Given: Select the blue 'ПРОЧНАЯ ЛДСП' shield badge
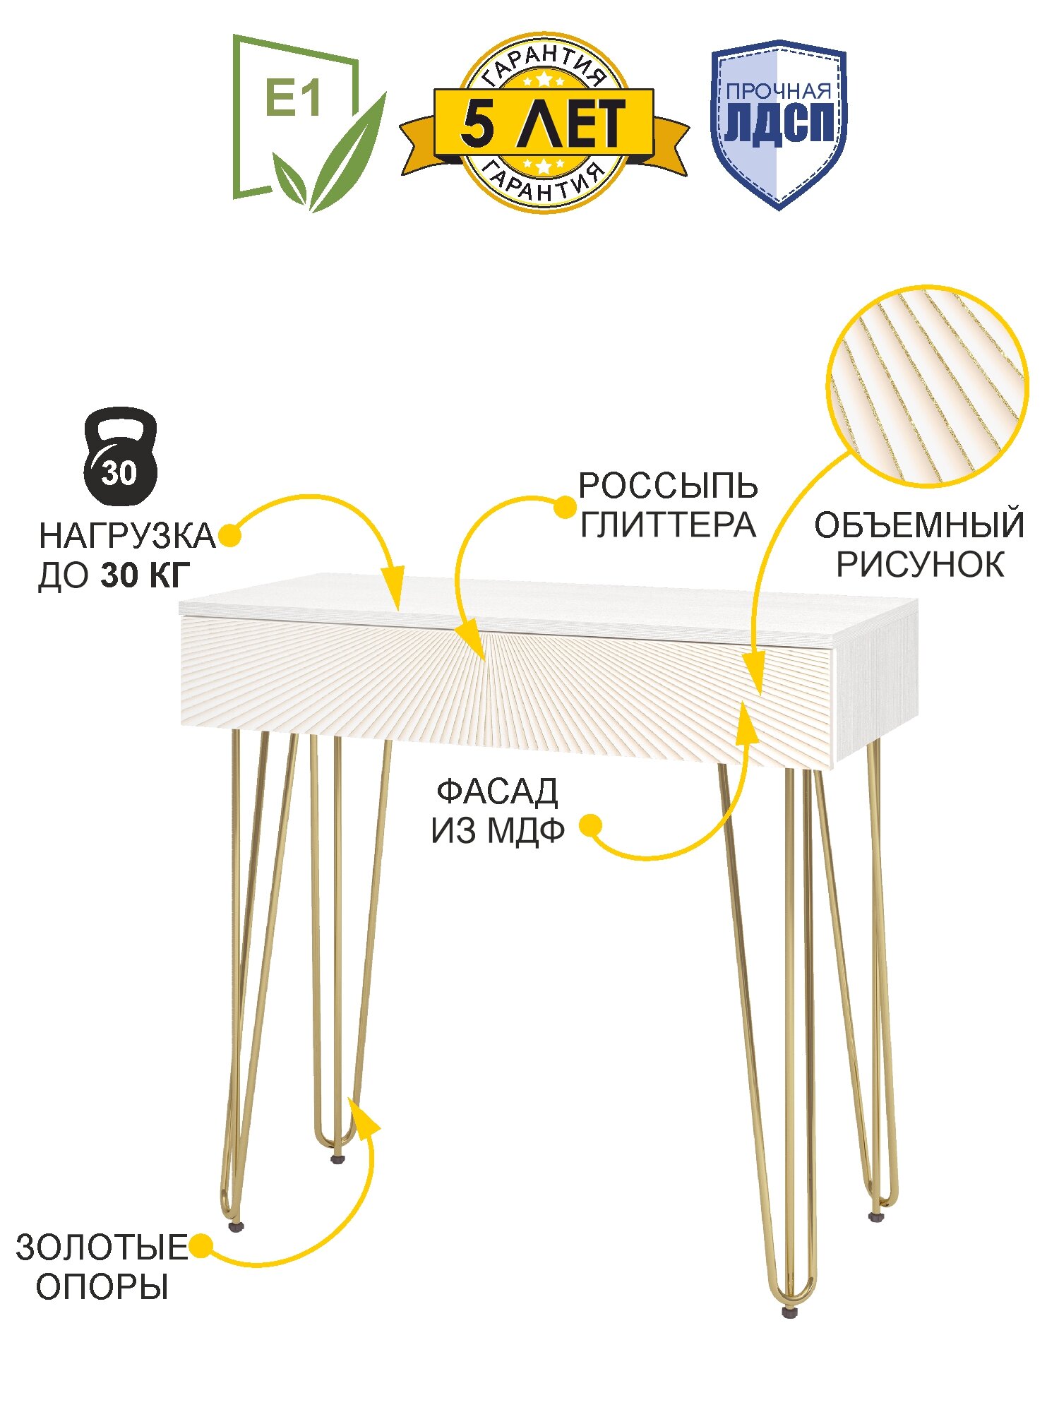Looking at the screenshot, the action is point(779,124).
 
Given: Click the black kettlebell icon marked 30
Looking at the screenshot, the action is point(121,455).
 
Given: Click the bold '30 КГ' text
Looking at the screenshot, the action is point(145,576).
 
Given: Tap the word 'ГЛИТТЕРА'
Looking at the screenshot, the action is point(668,525).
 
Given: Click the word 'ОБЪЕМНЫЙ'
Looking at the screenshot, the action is point(919,526).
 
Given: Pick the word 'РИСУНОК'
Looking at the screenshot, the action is point(920,565).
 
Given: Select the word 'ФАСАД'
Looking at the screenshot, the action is point(497,792).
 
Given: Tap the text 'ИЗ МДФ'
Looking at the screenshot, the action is point(498,832).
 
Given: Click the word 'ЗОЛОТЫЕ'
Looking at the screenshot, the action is point(101,1248).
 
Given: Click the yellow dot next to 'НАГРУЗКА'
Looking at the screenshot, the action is point(229,536).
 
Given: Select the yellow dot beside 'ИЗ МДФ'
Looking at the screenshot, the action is point(590,825).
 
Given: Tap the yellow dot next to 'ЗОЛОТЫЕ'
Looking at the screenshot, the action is point(201,1246).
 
